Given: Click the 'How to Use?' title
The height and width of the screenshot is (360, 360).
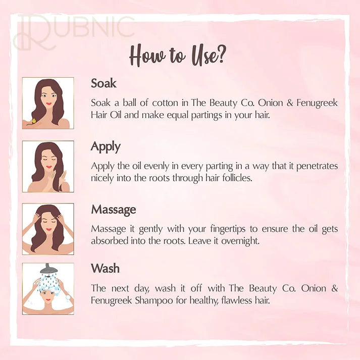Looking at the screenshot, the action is click(178, 56).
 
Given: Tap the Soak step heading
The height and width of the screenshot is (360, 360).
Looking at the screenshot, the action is click(104, 83).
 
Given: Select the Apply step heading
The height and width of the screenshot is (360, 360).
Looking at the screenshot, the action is click(106, 147).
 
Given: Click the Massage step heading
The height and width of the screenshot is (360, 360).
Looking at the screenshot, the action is click(114, 210).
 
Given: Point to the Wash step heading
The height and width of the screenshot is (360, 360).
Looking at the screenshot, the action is click(105, 268).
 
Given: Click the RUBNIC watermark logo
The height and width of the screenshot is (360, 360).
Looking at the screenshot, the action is click(74, 31).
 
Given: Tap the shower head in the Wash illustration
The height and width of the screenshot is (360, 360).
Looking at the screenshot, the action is click(47, 269).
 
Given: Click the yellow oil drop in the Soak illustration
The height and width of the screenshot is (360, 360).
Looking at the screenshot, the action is click(34, 121).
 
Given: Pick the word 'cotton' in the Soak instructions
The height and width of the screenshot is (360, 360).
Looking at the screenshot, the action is click(165, 102).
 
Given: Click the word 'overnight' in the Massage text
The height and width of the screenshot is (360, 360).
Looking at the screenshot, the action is click(240, 241).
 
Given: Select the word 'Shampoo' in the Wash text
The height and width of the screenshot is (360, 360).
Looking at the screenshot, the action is click(154, 300).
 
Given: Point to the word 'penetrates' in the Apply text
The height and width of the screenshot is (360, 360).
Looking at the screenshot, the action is click(317, 166).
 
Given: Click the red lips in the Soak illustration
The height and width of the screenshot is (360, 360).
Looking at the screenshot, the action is click(48, 104).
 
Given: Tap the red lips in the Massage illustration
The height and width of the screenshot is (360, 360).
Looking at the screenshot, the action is click(48, 229).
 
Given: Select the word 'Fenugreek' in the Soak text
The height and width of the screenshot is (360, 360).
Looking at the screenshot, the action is click(317, 102).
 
